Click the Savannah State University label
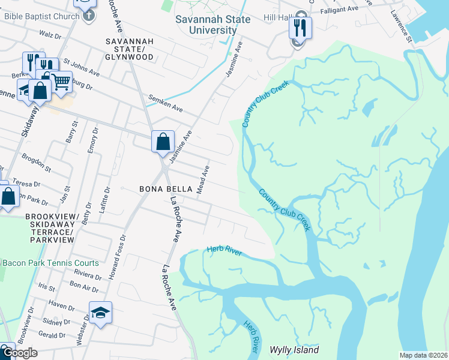206,25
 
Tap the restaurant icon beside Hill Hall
300,28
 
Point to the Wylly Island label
294,350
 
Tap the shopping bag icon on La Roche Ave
163,142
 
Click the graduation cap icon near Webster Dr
100,312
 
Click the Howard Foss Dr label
117,245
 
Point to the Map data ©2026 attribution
423,355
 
